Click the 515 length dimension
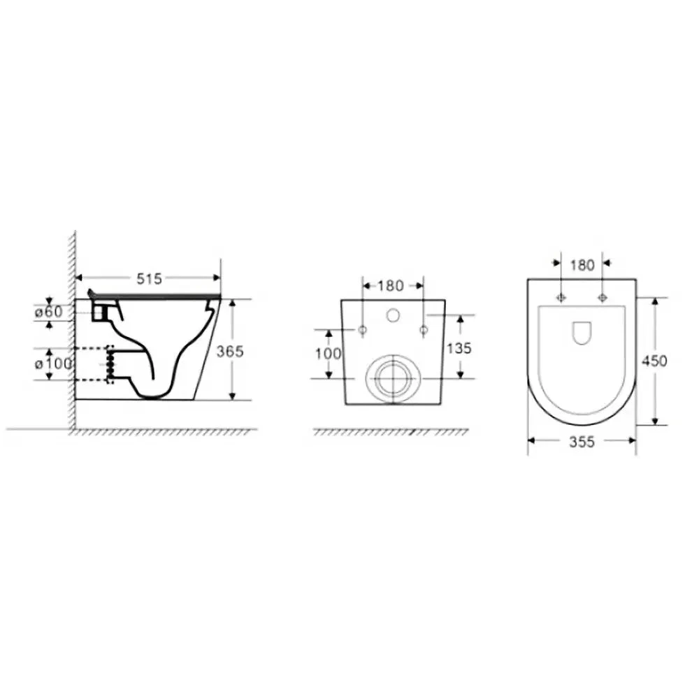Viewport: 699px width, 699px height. [x=149, y=279]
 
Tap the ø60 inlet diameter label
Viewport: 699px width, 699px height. [x=49, y=312]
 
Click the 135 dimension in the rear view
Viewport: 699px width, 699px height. [x=459, y=347]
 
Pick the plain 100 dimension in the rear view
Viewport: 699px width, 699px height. [x=329, y=354]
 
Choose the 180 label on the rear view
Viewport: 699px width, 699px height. [x=391, y=285]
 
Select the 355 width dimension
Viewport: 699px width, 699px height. [x=582, y=442]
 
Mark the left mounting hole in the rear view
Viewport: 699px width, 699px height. [x=362, y=329]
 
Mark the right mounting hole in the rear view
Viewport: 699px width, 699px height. [x=423, y=329]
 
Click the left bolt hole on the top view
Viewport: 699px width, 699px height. [x=560, y=298]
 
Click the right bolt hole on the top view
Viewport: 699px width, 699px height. [x=603, y=298]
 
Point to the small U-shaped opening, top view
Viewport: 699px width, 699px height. [x=582, y=333]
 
